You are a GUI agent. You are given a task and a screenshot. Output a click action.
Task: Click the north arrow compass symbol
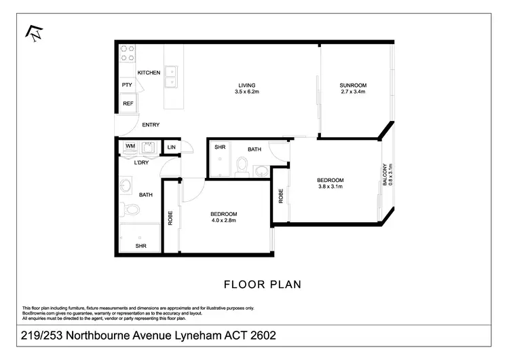32,32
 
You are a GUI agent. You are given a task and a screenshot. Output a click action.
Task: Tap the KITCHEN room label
149,72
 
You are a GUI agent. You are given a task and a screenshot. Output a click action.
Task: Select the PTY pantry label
127,85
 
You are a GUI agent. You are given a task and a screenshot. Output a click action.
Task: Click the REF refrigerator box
128,103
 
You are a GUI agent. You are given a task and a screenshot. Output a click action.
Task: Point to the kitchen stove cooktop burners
128,54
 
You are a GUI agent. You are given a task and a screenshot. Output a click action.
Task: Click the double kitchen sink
172,76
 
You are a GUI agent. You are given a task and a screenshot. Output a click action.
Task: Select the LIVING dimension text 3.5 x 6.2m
247,91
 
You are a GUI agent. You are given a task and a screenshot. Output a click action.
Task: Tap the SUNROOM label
353,85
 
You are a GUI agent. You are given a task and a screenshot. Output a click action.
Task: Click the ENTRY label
151,125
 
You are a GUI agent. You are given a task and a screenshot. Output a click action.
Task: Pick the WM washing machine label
130,146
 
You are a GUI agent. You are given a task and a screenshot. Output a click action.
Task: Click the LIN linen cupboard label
171,147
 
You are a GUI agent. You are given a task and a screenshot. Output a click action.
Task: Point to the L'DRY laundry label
141,162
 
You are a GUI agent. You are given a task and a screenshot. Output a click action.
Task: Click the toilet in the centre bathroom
241,166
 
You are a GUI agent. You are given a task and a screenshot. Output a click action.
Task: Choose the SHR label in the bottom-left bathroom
140,245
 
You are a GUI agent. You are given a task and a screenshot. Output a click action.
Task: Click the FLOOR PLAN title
262,284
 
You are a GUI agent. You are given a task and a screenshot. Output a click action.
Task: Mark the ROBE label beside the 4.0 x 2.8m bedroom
170,217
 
